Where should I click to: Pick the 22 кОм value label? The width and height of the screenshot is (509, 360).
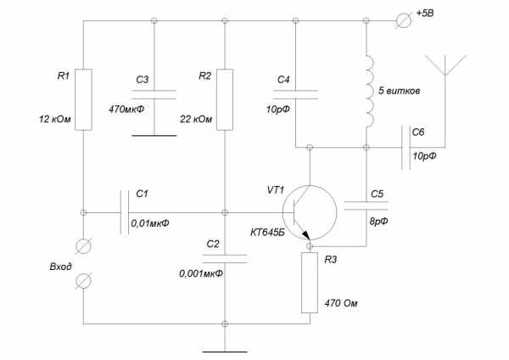[198, 118]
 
